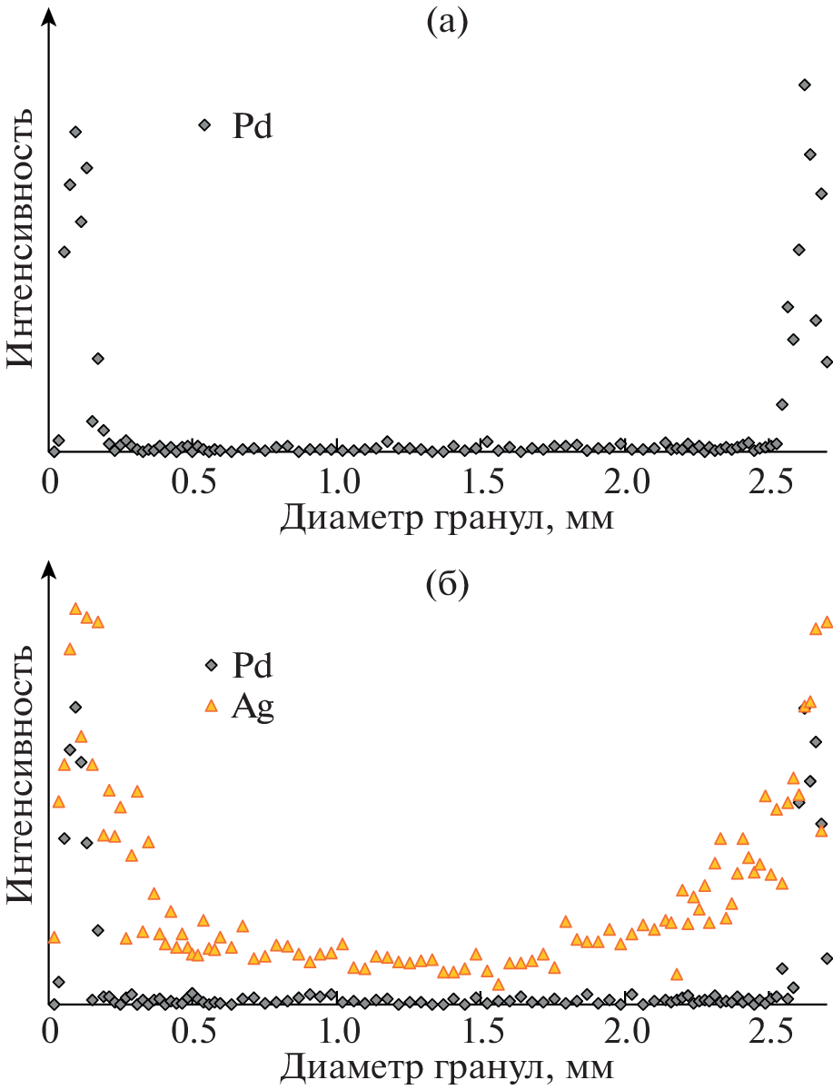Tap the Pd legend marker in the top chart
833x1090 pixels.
(x=204, y=124)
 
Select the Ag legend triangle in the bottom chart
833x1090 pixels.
(x=212, y=705)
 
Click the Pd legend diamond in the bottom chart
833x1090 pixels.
(x=212, y=666)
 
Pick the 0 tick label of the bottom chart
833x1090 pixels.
(x=51, y=1034)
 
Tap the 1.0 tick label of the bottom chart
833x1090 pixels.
(x=337, y=1034)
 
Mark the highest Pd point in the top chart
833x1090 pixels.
(x=804, y=84)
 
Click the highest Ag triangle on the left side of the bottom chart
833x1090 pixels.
(x=75, y=608)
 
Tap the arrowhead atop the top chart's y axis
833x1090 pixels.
(x=51, y=14)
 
